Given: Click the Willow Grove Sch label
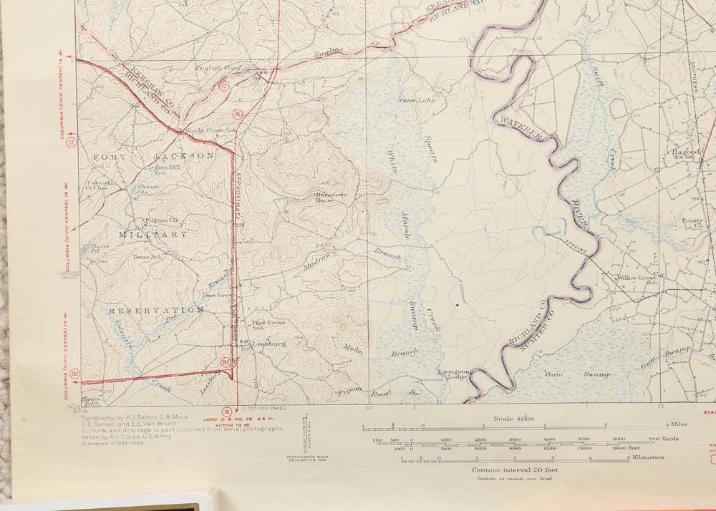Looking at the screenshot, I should click(x=637, y=279).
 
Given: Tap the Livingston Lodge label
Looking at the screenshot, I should click(x=455, y=374).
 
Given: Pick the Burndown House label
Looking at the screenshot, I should click(x=326, y=197).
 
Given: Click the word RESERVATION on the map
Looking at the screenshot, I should click(x=156, y=311).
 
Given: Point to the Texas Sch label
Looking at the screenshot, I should click(x=145, y=256).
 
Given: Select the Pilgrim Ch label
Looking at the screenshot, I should click(x=161, y=220).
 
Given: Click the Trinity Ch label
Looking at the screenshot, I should click(x=692, y=223).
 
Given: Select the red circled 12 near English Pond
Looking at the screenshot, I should click(x=223, y=85).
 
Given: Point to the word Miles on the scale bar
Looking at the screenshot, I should click(x=678, y=424).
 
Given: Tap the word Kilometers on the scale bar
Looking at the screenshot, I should click(x=647, y=457).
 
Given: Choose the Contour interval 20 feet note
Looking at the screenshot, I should click(x=515, y=469).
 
